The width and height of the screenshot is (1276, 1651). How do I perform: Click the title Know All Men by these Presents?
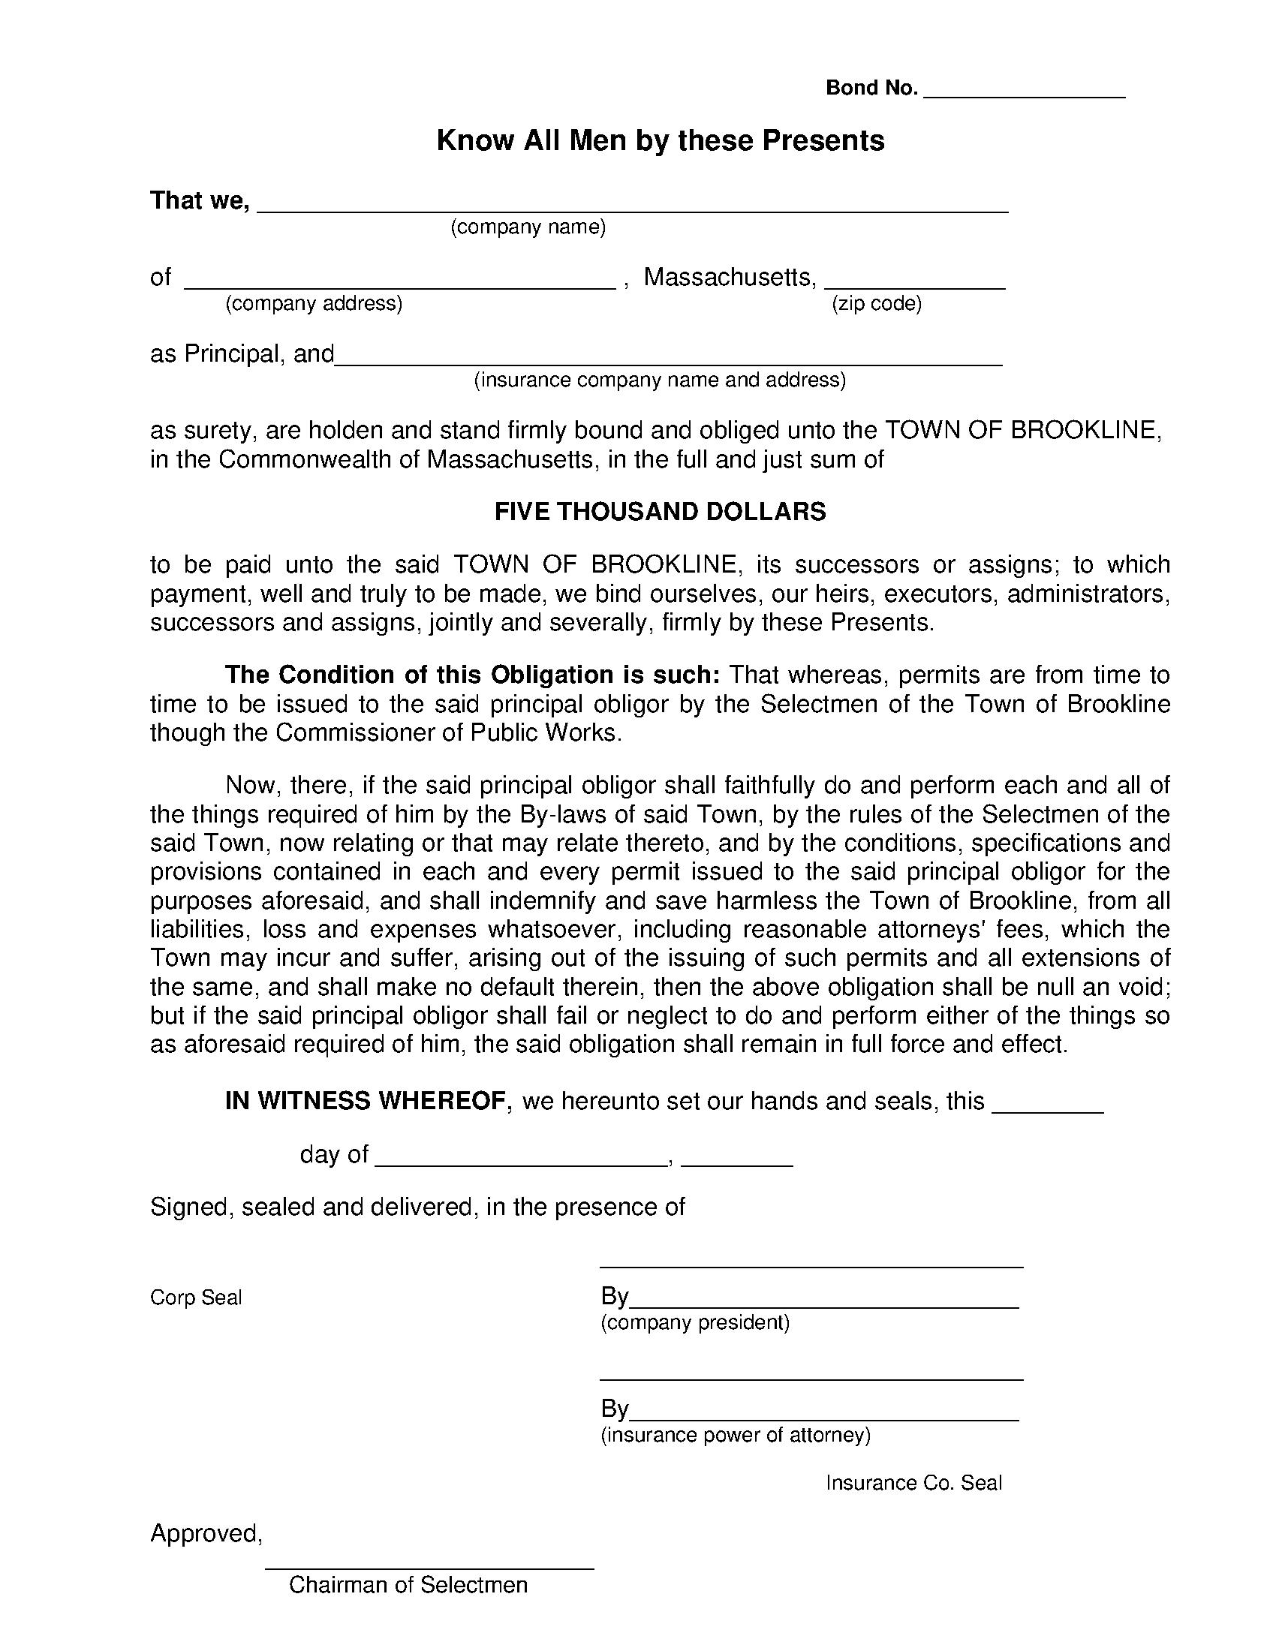click(x=660, y=141)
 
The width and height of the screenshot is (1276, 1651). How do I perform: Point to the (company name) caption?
click(x=528, y=227)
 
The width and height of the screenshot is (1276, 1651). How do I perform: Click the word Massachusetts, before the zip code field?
click(x=730, y=278)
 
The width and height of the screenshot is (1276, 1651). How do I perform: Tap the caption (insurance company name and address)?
click(x=659, y=380)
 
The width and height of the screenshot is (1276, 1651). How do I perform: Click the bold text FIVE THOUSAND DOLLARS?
click(x=660, y=512)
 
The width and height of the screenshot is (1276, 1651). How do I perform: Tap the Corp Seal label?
click(x=196, y=1298)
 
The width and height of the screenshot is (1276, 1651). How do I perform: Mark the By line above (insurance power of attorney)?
click(x=824, y=1416)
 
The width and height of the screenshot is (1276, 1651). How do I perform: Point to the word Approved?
click(x=206, y=1533)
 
